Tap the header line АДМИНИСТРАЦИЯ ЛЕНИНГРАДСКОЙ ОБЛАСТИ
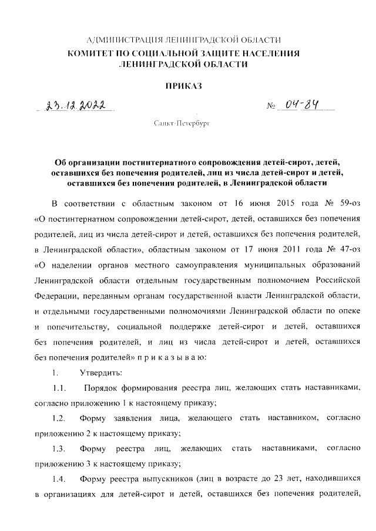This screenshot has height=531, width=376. pyautogui.click(x=183, y=40)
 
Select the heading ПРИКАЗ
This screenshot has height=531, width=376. pyautogui.click(x=184, y=86)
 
